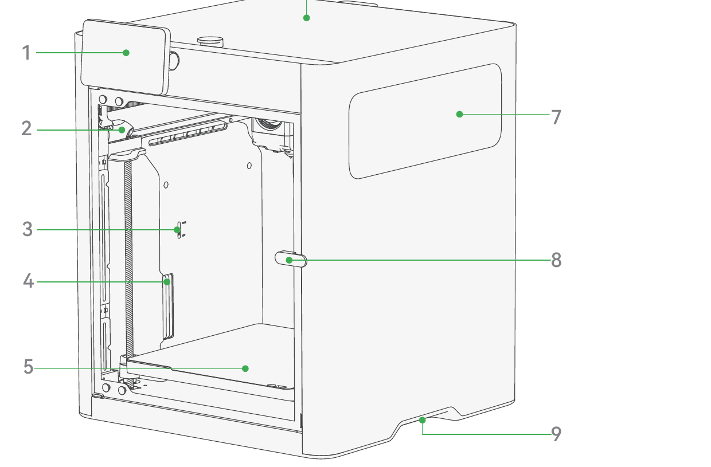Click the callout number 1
coord(26,53)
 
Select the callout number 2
coord(26,128)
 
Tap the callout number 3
coord(28,229)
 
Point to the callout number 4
coord(28,281)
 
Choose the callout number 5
coord(28,367)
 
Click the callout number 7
coord(556,117)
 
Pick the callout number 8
coord(556,260)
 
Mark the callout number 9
coord(556,434)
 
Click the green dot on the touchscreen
coord(126,53)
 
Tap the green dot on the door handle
coord(289,260)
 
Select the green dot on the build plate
coord(245,368)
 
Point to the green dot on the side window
coord(459,114)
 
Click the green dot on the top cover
coord(306,18)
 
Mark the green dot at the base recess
coord(422,420)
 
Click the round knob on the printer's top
coord(210,41)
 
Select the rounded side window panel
coord(425,121)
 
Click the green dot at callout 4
coord(167,281)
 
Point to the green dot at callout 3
coord(177,230)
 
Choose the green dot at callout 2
coord(122,129)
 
